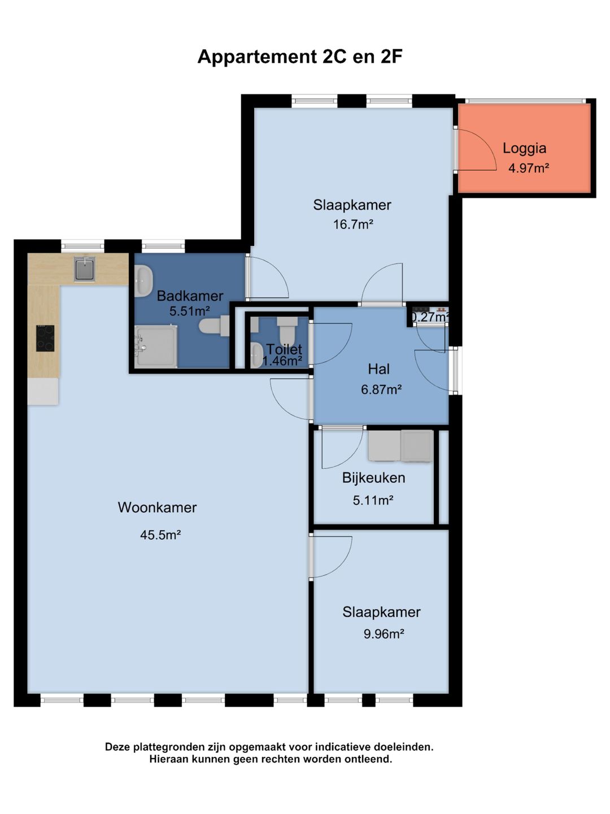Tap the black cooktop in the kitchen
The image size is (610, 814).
coord(45,338)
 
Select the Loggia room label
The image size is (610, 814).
coord(524,148)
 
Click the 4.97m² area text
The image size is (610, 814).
coord(528,168)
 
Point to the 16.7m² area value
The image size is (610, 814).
coord(352,224)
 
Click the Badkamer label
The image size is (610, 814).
coord(190,296)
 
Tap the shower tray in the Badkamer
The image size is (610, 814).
coord(156,347)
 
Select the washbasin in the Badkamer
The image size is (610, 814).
coord(143,281)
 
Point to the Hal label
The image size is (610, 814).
coord(378,369)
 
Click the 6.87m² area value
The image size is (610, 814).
coord(381,389)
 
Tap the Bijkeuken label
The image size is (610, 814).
coord(373,478)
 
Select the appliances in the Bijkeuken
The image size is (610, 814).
coord(400,446)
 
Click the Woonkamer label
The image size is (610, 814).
coord(157,507)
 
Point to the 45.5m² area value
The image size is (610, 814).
coord(160,535)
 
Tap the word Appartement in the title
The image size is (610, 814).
coord(255,58)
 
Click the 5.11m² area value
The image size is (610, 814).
coord(373,501)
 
